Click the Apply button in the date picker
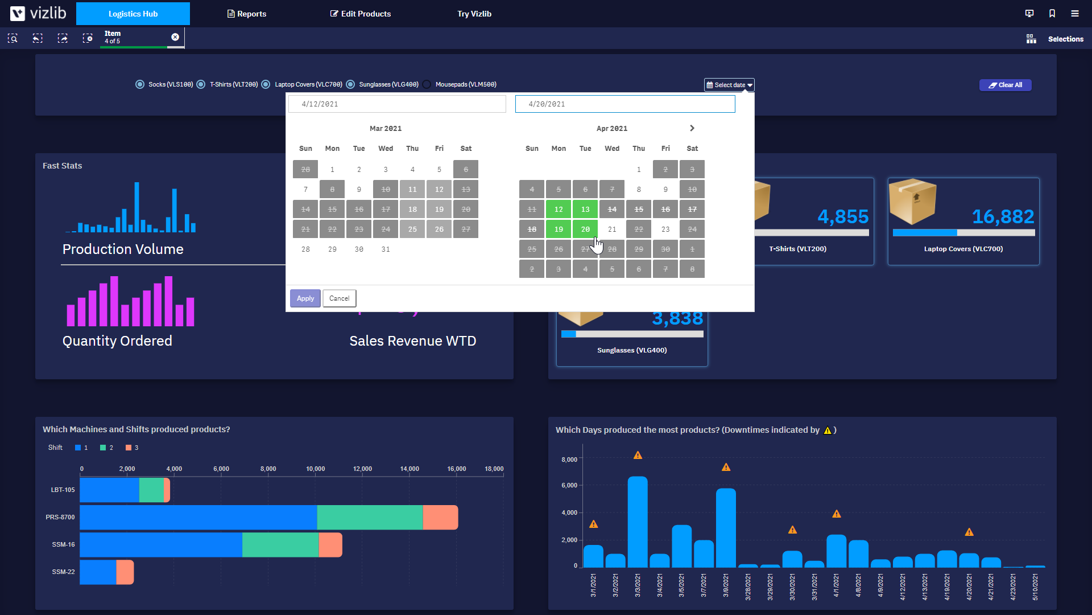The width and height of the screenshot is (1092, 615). pyautogui.click(x=305, y=298)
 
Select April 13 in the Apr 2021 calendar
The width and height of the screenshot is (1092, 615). pyautogui.click(x=585, y=210)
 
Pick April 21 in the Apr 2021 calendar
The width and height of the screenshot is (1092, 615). pyautogui.click(x=612, y=229)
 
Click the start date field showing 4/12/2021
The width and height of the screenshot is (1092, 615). pyautogui.click(x=397, y=104)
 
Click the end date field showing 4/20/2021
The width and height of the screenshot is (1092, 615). pyautogui.click(x=624, y=104)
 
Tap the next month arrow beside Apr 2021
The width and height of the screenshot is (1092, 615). pyautogui.click(x=692, y=128)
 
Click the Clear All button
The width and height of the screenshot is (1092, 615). pyautogui.click(x=1005, y=85)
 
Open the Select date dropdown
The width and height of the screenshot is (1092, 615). pyautogui.click(x=729, y=85)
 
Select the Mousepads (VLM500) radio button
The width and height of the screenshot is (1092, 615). pyautogui.click(x=427, y=84)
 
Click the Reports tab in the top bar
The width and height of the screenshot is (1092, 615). pyautogui.click(x=247, y=14)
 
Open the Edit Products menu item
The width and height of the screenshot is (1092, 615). pyautogui.click(x=361, y=14)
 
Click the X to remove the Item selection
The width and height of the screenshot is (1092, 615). pyautogui.click(x=175, y=37)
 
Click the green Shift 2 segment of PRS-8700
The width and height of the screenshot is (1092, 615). pyautogui.click(x=370, y=517)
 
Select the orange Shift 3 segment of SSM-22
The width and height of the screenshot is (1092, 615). pyautogui.click(x=125, y=572)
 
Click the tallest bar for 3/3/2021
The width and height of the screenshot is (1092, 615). pyautogui.click(x=638, y=521)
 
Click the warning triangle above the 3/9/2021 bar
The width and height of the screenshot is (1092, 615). pyautogui.click(x=726, y=468)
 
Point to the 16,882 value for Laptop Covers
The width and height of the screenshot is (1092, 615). pyautogui.click(x=1003, y=216)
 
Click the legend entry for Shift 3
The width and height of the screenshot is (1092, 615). pyautogui.click(x=132, y=448)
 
